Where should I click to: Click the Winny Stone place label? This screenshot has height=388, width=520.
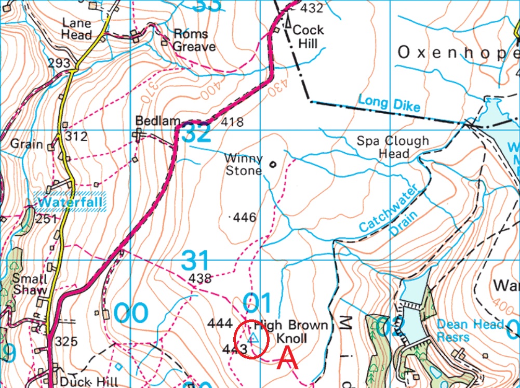(x=243, y=164)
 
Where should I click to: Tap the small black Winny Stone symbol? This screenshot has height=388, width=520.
(x=272, y=165)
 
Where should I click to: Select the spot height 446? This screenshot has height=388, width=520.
(x=245, y=217)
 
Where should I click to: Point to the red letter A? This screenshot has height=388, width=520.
(x=288, y=359)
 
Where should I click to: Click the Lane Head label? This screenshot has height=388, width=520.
(x=77, y=29)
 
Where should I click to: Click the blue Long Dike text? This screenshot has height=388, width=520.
(x=389, y=103)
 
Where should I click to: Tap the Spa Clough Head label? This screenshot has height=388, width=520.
(x=393, y=147)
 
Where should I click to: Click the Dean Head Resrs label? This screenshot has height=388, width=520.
(x=470, y=331)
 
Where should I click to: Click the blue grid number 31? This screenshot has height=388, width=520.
(x=195, y=260)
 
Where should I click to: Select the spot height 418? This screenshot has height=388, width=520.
(x=232, y=122)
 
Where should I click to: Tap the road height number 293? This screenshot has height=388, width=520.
(x=59, y=63)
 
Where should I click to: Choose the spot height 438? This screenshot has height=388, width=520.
(x=201, y=278)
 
